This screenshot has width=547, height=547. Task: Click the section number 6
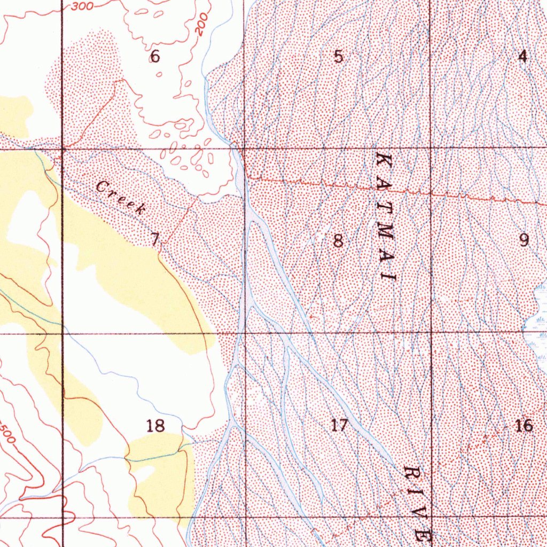coord(155,56)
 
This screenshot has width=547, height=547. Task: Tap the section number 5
coord(338,57)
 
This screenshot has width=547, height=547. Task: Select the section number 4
coord(522,56)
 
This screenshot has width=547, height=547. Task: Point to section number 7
coord(154,240)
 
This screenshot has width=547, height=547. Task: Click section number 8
coord(338,241)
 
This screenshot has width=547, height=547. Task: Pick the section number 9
coord(524,240)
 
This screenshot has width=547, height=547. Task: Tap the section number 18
coord(155,426)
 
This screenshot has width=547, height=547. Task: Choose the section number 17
coord(339,425)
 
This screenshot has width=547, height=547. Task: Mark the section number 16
coord(525,425)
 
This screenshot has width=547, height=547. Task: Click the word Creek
coord(121,197)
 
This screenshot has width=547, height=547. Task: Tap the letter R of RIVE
coord(413,474)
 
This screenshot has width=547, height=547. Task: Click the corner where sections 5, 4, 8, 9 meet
coord(431,148)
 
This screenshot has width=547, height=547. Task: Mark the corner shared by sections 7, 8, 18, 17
coord(245,333)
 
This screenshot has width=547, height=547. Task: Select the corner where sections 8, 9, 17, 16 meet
coord(431,333)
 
